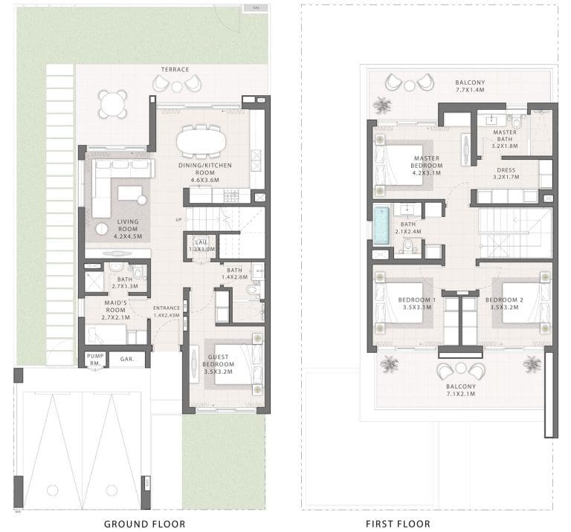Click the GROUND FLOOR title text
(144, 523)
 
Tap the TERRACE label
(175, 70)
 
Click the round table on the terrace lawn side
(112, 104)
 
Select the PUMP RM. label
(94, 360)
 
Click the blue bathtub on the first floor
(381, 224)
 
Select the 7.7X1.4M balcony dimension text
(470, 90)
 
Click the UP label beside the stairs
(178, 219)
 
